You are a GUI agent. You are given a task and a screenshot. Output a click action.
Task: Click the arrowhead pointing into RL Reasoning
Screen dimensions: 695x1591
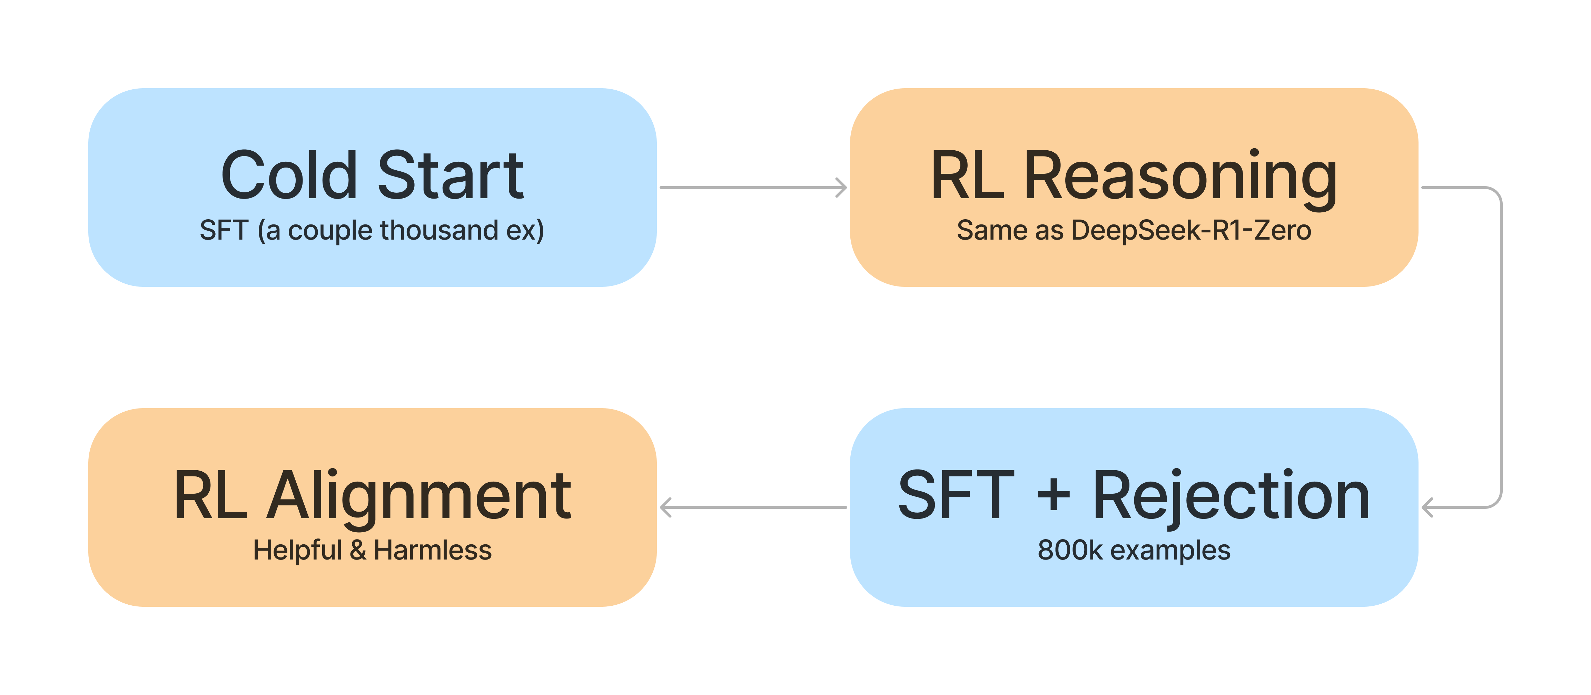tap(841, 188)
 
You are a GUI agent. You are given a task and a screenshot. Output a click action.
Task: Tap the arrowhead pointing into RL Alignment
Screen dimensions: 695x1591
tap(666, 507)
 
